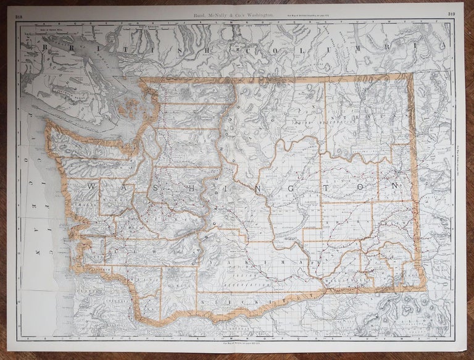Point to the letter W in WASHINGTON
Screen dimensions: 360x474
(x=90, y=186)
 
